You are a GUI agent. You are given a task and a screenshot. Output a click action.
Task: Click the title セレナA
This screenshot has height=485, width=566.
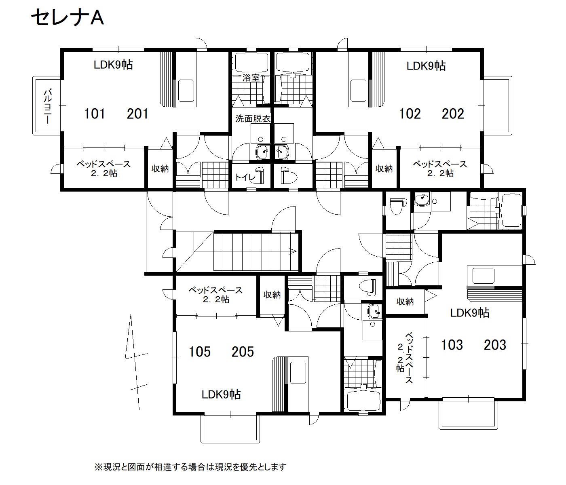(x=68, y=17)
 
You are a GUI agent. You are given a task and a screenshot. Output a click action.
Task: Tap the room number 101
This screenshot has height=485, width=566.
(x=95, y=114)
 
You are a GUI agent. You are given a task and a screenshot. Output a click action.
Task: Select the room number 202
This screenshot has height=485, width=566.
(x=453, y=114)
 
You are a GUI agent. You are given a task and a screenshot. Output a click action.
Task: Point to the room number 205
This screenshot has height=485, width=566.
(x=243, y=352)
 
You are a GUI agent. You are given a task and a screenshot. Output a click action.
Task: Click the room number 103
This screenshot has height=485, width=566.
(x=452, y=345)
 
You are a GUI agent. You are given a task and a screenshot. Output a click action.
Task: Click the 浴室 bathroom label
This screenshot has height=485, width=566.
(x=251, y=78)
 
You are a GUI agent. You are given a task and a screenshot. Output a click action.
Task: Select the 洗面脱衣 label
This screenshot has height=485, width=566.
(x=253, y=118)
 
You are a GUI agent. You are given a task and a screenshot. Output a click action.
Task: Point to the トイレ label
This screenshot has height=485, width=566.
(x=245, y=177)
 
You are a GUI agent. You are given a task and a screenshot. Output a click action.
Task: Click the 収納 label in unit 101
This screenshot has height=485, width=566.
(x=160, y=169)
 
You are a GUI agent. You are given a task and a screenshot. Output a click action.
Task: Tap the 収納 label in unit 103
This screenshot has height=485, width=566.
(x=405, y=302)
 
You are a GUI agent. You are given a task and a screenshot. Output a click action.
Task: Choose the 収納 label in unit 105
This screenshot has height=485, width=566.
(x=272, y=295)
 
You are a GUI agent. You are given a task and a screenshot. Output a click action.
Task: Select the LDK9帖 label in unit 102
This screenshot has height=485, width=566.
(x=426, y=66)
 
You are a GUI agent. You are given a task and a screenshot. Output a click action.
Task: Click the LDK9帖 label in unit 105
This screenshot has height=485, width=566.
(x=221, y=394)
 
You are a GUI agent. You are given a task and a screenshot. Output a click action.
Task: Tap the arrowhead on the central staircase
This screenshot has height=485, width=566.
(x=293, y=251)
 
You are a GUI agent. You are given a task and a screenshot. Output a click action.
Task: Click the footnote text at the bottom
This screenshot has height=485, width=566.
(x=190, y=467)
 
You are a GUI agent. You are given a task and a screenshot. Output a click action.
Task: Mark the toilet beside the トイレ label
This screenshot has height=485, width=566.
(x=289, y=175)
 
